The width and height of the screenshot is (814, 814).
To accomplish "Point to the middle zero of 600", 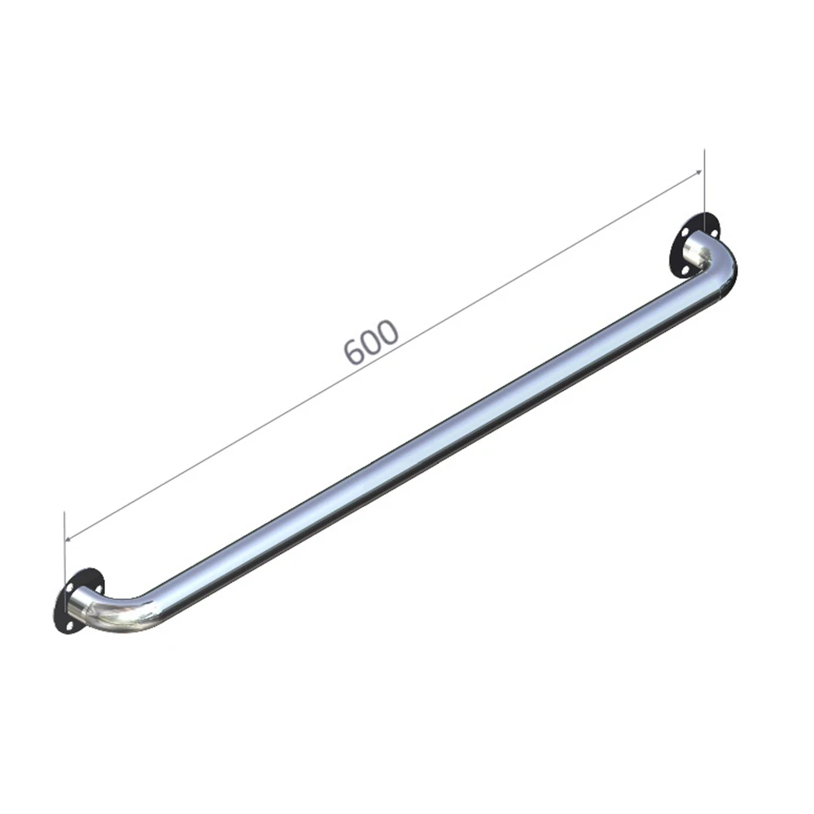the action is coord(372,341).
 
